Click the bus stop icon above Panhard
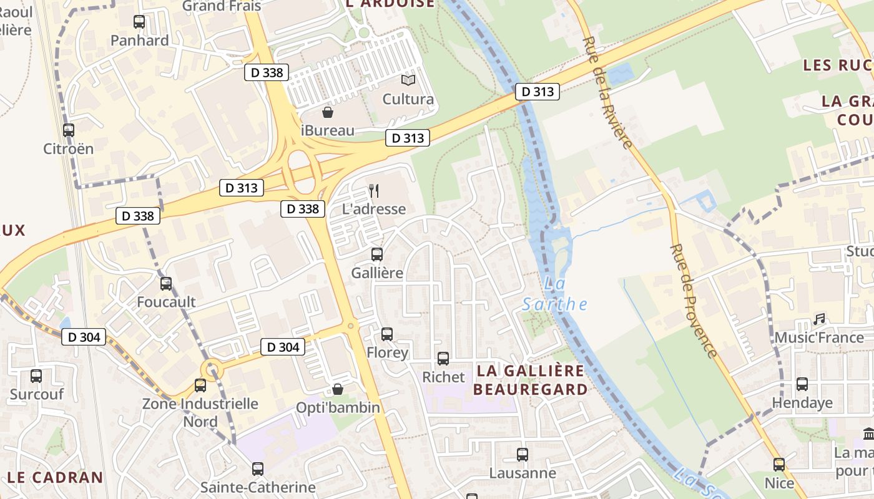[x=139, y=22]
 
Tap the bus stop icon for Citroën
[x=69, y=130]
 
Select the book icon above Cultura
[x=408, y=80]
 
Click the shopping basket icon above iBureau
[x=327, y=112]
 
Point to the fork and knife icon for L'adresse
[x=374, y=190]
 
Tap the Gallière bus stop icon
[x=377, y=254]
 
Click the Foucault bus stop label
[x=166, y=302]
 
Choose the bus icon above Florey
[x=387, y=334]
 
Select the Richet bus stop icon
[x=443, y=359]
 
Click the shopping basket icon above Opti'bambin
[x=338, y=389]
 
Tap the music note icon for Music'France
[x=819, y=319]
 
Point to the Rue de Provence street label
[x=694, y=301]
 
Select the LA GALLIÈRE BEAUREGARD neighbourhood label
[x=531, y=380]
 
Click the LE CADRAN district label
[x=56, y=478]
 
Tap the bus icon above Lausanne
[x=523, y=455]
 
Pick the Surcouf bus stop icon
[x=36, y=376]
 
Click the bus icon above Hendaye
[x=802, y=384]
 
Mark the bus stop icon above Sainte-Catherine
[x=258, y=469]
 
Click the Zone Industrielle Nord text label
[x=200, y=412]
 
